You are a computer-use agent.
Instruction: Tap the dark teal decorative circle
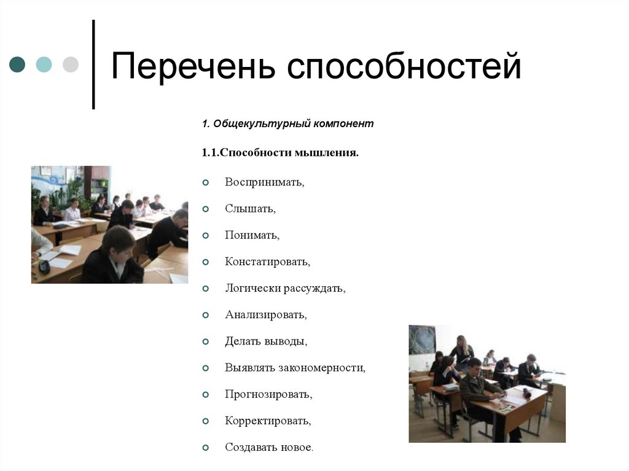coord(17,64)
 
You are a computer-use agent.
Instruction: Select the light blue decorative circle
coord(44,64)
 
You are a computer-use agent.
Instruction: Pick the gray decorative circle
coord(71,64)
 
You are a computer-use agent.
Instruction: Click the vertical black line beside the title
coord(93,64)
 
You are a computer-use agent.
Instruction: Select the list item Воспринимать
coord(265,182)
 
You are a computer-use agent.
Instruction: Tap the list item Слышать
coord(250,209)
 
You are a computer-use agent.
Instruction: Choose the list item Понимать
coord(252,235)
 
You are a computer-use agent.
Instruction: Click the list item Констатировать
coord(267,262)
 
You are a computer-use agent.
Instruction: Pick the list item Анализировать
coord(265,315)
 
